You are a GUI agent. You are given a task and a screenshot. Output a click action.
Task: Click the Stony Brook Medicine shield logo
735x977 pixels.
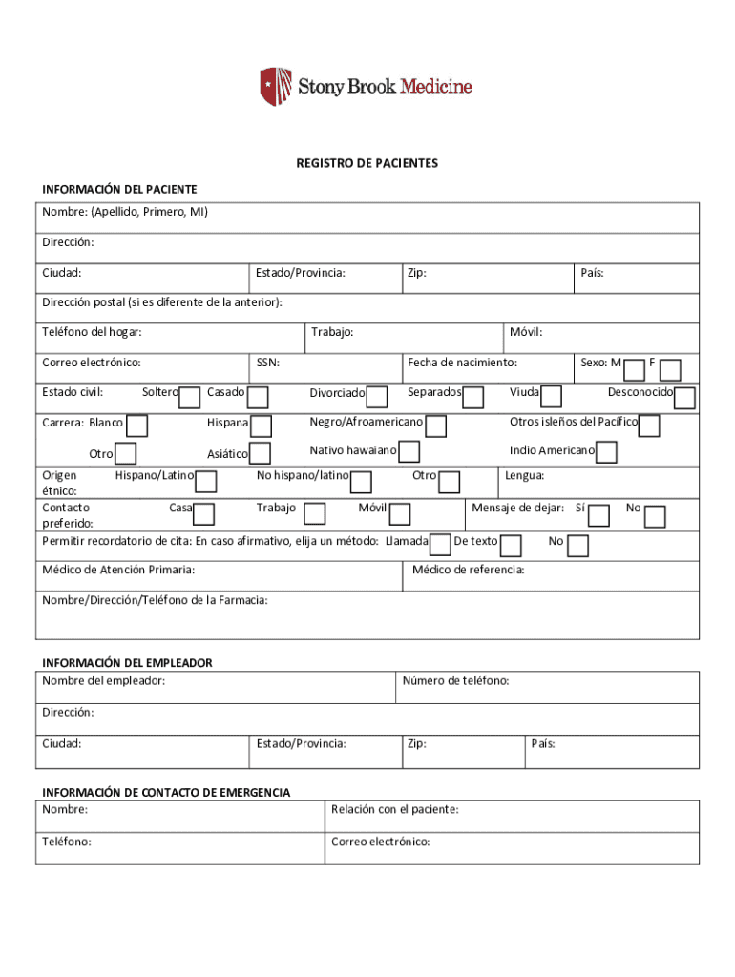coord(275,87)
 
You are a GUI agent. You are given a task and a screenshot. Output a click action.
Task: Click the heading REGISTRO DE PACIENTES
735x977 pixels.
coord(367,163)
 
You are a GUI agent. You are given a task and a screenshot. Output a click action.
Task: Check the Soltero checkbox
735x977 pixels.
coord(190,397)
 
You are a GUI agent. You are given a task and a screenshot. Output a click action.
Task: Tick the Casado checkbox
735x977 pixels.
coord(258,397)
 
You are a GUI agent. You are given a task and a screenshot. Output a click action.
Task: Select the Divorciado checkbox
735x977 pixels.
coord(377,397)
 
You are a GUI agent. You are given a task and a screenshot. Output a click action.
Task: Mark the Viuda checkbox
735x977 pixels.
coord(551,397)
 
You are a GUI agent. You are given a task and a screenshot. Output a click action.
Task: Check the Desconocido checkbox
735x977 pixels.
coord(684,397)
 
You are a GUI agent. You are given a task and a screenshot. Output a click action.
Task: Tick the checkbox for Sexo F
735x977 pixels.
coord(670,369)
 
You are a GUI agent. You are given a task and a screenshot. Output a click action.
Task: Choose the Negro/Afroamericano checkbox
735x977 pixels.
coord(436,426)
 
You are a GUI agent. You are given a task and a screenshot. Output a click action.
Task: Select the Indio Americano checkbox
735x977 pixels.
coord(606,453)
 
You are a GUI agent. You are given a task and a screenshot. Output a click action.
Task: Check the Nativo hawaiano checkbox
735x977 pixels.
coord(409,452)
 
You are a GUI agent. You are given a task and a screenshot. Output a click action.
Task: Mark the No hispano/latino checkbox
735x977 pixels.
coord(361,481)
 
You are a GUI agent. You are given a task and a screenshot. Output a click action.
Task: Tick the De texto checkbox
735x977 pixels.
coord(511,546)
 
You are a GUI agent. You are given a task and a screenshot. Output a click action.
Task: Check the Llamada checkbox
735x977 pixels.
coord(440,545)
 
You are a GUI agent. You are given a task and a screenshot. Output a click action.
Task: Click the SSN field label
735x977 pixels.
coord(268,363)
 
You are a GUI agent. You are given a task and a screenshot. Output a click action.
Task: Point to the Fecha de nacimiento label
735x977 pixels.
coord(462,363)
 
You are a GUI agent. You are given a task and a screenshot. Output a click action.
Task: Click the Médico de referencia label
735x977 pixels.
coord(468,571)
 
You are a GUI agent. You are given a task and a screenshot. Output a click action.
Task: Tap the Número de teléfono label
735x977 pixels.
coord(455,681)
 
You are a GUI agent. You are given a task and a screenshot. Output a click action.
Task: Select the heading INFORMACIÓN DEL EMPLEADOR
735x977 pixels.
coord(126,662)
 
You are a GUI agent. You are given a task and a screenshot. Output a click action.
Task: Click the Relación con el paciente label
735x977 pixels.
coord(394,810)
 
